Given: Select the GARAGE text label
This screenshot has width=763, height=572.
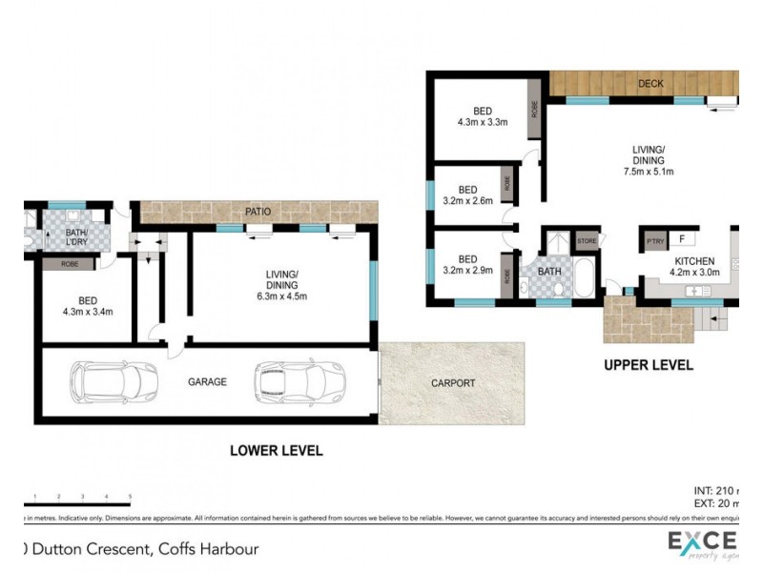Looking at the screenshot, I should click(x=206, y=381).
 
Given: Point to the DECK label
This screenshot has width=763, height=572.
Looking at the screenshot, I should click(x=650, y=84).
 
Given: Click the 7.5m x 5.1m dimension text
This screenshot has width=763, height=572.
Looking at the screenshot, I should click(x=648, y=173).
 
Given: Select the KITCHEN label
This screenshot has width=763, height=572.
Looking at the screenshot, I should click(x=694, y=261).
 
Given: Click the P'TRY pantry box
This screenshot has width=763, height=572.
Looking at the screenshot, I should click(x=655, y=240).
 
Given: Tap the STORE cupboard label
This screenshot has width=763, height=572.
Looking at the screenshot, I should click(x=587, y=240).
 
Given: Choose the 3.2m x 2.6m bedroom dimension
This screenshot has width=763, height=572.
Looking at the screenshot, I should click(x=467, y=201).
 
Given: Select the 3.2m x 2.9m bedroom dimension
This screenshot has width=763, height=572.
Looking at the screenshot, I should click(x=467, y=271).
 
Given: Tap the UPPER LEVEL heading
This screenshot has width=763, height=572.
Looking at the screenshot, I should click(x=648, y=365).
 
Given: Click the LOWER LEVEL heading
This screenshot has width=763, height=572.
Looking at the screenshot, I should click(x=277, y=450).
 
